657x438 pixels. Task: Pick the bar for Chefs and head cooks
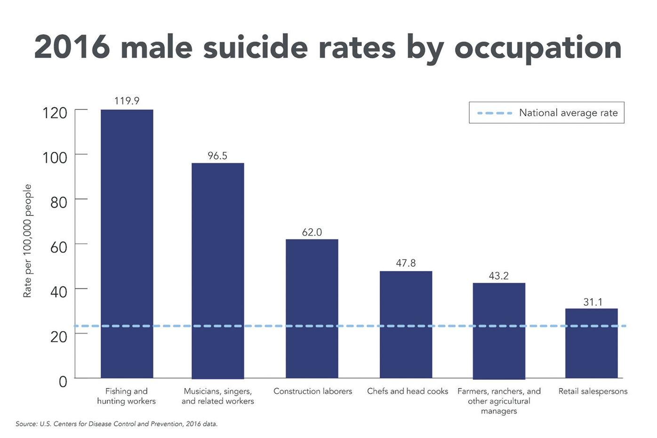click(x=406, y=325)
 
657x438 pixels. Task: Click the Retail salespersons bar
click(x=591, y=343)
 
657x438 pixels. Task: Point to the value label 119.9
click(x=127, y=101)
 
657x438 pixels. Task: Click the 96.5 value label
click(x=217, y=156)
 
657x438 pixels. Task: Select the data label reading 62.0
click(x=312, y=232)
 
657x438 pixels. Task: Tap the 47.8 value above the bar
click(x=406, y=263)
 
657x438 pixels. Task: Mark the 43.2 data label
click(x=499, y=276)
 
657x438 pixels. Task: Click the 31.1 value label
click(x=593, y=302)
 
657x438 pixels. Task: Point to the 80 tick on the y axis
click(x=59, y=202)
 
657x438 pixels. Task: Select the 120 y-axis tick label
click(x=55, y=113)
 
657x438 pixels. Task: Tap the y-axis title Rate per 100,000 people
click(x=27, y=240)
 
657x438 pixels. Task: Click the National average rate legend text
click(x=568, y=113)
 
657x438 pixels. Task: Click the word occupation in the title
click(x=537, y=48)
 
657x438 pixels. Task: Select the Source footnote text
click(x=116, y=424)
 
